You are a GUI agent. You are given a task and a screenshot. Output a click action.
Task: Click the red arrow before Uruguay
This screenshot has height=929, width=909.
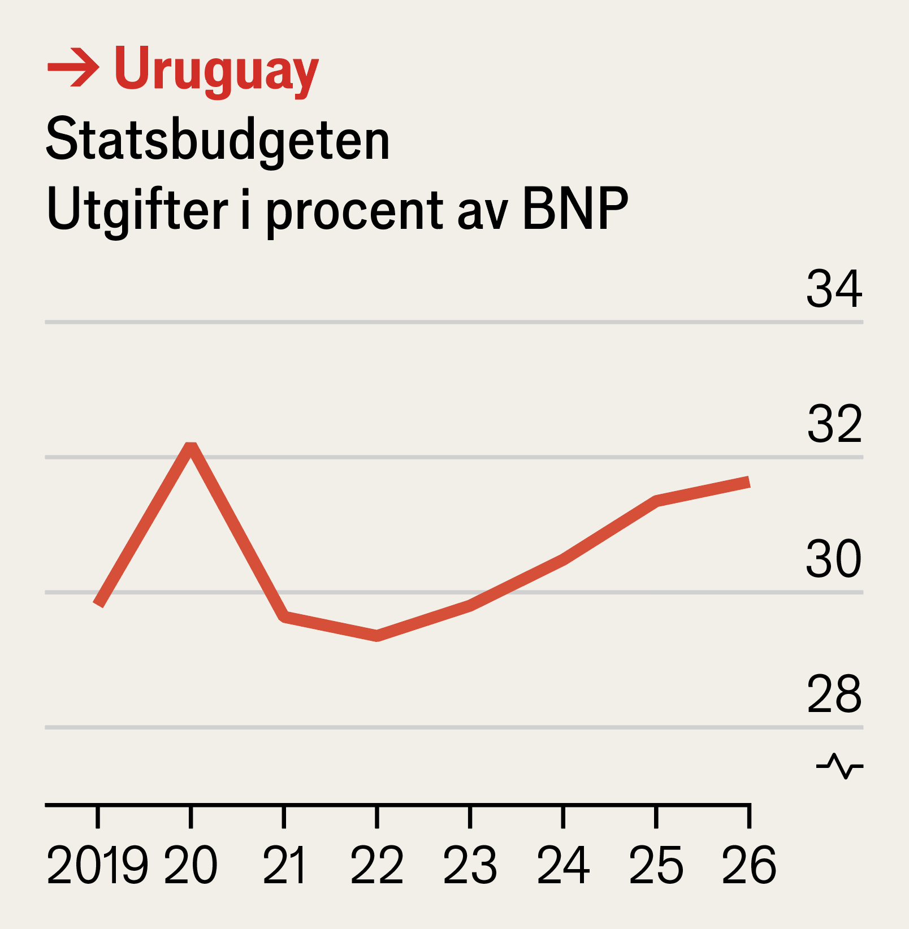73,68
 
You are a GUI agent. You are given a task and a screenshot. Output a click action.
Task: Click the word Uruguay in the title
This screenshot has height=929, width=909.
216,70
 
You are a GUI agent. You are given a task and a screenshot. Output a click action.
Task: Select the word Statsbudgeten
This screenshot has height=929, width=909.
218,140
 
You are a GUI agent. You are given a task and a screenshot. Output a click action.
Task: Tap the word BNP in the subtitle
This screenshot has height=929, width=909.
575,209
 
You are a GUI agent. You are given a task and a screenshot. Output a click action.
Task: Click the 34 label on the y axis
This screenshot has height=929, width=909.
834,289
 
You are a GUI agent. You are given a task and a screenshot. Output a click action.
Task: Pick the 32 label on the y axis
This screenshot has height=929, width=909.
834,424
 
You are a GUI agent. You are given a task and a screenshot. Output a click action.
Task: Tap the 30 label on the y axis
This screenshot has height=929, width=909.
834,559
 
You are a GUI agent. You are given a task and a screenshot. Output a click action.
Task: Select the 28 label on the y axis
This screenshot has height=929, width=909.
834,694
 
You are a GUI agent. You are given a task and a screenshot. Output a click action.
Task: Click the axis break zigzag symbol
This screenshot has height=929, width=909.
839,766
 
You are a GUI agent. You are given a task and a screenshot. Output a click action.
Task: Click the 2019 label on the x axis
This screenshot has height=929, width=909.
97,865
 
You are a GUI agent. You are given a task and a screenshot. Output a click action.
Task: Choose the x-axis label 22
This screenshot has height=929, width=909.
377,865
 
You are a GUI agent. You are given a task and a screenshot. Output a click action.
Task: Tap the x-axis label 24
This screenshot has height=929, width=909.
563,865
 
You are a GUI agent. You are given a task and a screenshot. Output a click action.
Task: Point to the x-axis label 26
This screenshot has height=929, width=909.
749,865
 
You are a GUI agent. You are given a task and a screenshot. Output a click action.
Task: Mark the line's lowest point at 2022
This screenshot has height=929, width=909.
377,636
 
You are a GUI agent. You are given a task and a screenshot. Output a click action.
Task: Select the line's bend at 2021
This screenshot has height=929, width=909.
284,617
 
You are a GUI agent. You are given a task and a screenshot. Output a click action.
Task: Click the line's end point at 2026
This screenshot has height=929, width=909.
748,482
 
